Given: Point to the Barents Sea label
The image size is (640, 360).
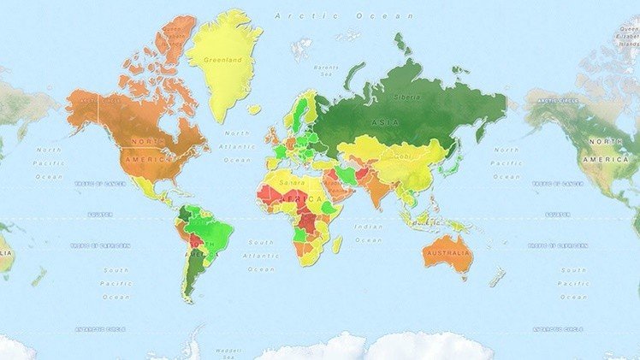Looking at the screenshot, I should click(x=325, y=71).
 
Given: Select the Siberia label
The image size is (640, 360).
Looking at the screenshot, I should click(x=406, y=96).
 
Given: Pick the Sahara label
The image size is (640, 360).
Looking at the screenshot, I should click(x=292, y=181).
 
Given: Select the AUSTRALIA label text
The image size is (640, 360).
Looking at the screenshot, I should click(x=450, y=252).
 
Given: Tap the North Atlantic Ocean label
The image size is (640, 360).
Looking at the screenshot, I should click(x=237, y=146).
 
